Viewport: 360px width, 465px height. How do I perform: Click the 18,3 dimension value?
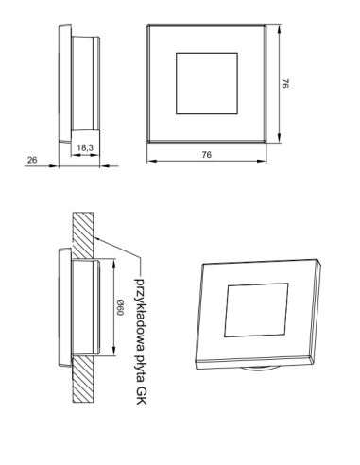click(85, 147)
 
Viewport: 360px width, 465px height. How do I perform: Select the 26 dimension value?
click(32, 160)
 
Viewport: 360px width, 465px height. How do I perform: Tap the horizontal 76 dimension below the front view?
click(207, 155)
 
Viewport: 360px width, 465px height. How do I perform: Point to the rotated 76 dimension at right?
click(285, 83)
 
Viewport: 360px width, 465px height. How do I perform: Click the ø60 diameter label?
click(120, 307)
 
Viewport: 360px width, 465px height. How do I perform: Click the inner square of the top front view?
click(207, 83)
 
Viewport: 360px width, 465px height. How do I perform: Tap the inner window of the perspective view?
click(256, 310)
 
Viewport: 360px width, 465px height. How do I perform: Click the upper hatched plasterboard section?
click(83, 235)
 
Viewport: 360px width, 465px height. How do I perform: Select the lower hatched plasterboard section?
click(83, 379)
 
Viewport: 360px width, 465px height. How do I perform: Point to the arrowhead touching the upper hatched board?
click(97, 238)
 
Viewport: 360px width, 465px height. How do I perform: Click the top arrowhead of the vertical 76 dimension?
click(279, 30)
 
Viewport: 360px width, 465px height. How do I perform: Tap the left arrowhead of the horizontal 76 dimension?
click(152, 161)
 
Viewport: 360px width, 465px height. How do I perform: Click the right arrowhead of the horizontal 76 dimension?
click(262, 161)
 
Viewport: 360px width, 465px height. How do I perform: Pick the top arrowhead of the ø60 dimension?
click(113, 264)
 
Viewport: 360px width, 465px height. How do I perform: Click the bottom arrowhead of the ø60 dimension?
click(113, 351)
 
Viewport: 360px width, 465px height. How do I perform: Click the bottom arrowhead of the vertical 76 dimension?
click(279, 138)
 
